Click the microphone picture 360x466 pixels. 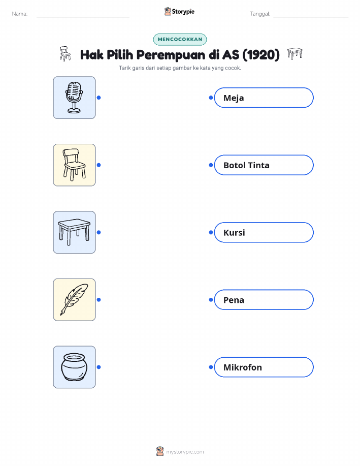point(74,98)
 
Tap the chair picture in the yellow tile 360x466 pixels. point(74,165)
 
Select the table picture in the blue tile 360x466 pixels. point(74,232)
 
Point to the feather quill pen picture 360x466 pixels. point(74,300)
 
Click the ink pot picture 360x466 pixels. point(74,367)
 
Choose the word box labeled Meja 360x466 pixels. point(264,98)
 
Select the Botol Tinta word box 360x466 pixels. point(264,165)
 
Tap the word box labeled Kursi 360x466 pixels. point(264,232)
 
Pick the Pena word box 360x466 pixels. point(264,300)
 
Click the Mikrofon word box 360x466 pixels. point(264,367)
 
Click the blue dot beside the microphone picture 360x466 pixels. point(99,98)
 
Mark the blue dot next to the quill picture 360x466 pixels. point(99,300)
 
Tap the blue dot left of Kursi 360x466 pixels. point(211,232)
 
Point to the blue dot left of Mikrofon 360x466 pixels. point(211,367)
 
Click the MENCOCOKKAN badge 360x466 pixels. point(180,39)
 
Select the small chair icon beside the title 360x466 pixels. point(65,54)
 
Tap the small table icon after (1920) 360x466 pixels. point(294,53)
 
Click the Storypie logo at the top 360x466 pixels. point(179,12)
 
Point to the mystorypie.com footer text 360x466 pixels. point(185,452)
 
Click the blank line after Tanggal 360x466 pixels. point(311,17)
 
